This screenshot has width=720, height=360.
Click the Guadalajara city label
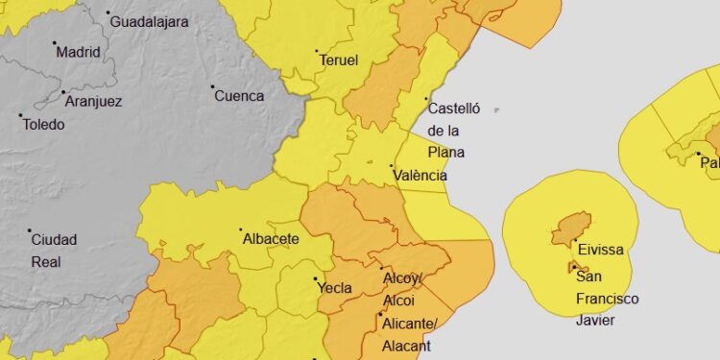click(x=150, y=21)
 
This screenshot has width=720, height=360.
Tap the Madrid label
click(x=79, y=52)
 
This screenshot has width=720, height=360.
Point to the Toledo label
click(x=44, y=124)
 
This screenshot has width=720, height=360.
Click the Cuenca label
click(x=239, y=95)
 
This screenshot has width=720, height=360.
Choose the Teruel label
click(x=338, y=60)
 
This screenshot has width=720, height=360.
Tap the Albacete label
click(x=272, y=238)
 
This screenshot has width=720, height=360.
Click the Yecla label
click(x=334, y=288)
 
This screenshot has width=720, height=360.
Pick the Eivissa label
click(x=599, y=250)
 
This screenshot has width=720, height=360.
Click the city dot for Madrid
click(x=55, y=43)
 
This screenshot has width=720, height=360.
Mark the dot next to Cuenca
click(x=213, y=86)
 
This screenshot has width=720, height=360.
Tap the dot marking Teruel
click(x=317, y=52)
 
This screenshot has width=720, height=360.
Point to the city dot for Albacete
click(x=241, y=229)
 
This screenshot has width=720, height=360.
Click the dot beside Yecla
click(x=317, y=279)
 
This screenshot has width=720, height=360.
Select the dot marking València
click(x=392, y=166)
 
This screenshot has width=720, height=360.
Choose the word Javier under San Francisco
click(x=594, y=321)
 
